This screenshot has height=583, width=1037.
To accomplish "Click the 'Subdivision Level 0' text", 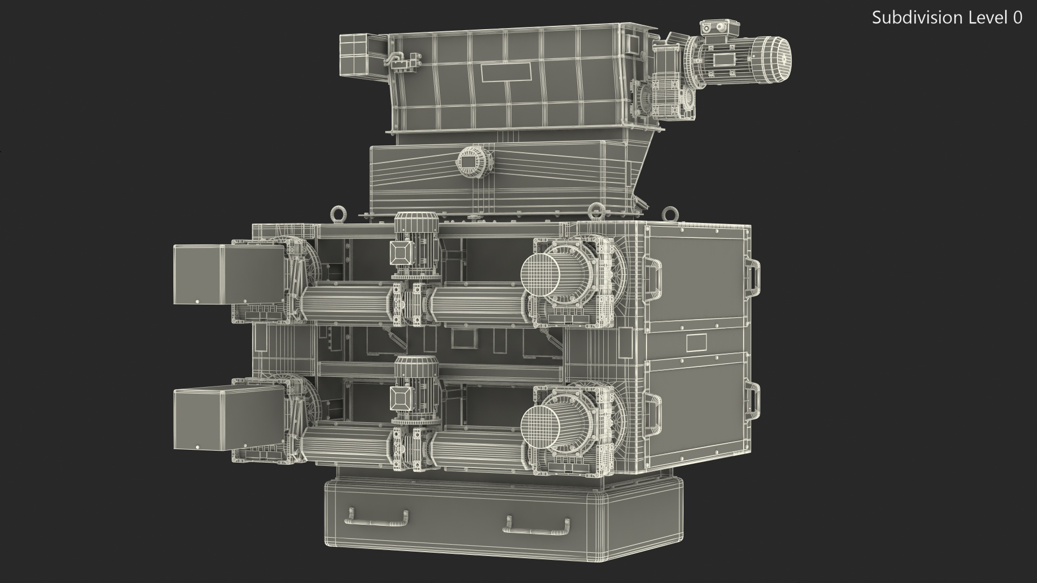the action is pyautogui.click(x=947, y=18).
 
